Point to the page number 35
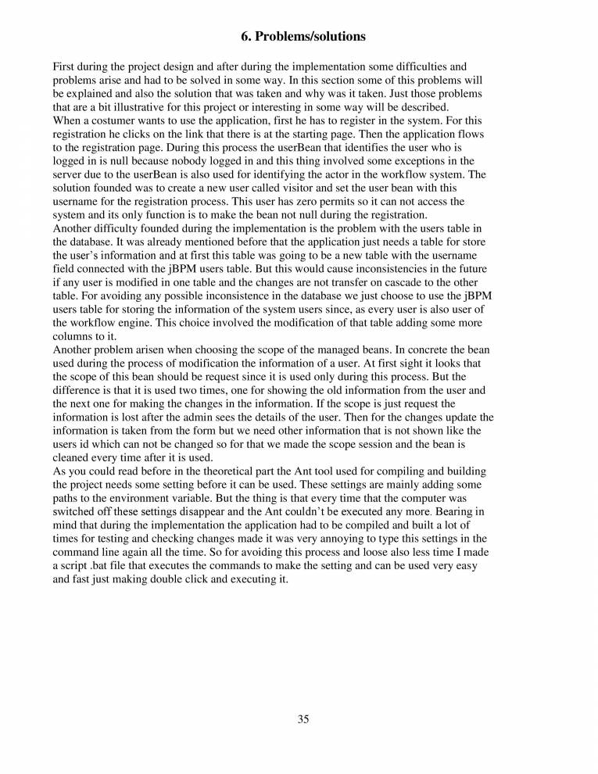(x=303, y=720)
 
